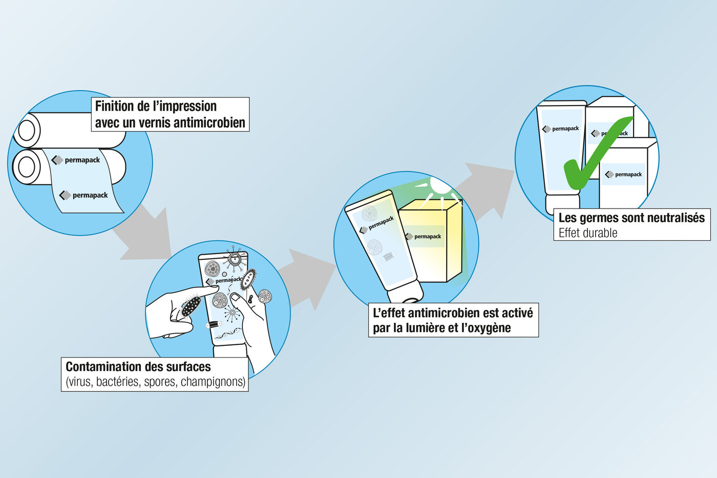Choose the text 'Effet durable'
click(x=587, y=233)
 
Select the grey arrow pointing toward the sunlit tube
click(x=307, y=277)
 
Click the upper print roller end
click(x=27, y=130)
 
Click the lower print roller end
click(x=27, y=167)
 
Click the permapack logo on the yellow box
click(x=424, y=236)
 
